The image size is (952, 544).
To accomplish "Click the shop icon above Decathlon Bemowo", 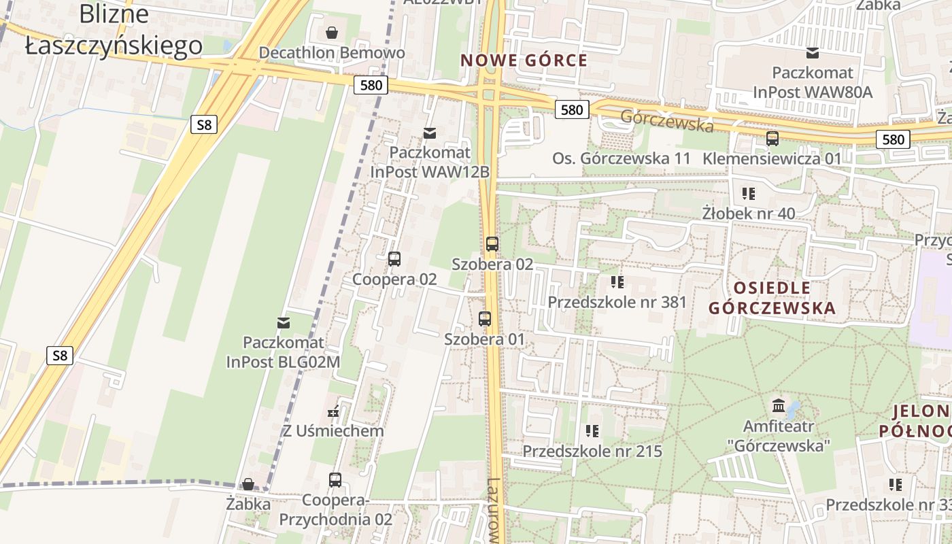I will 331,33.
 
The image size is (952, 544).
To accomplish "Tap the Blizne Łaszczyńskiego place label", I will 114,30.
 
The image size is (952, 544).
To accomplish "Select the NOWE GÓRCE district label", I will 524,61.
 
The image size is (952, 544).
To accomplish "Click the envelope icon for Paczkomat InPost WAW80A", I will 812,53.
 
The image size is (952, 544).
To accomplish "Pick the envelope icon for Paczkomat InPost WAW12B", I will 429,133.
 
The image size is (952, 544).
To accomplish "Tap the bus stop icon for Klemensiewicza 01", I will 772,139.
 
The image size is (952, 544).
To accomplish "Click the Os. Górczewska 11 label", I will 621,158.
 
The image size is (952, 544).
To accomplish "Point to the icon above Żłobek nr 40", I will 749,194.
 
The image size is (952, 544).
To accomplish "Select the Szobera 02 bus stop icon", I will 492,244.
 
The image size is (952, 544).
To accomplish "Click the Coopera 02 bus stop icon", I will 394,259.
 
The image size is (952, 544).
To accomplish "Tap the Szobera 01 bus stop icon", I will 485,319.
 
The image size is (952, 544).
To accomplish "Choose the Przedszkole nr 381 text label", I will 617,302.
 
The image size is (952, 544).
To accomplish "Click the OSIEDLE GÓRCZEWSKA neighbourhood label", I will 772,298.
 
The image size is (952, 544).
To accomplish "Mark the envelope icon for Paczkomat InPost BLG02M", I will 284,322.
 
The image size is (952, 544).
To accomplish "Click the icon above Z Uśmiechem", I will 333,411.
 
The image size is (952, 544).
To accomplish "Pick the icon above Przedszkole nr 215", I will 592,431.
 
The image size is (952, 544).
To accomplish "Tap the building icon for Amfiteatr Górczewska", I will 779,407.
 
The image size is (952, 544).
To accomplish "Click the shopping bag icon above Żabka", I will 248,484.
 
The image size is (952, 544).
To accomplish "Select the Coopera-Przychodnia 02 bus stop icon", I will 335,480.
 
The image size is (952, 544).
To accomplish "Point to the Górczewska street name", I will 666,120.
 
